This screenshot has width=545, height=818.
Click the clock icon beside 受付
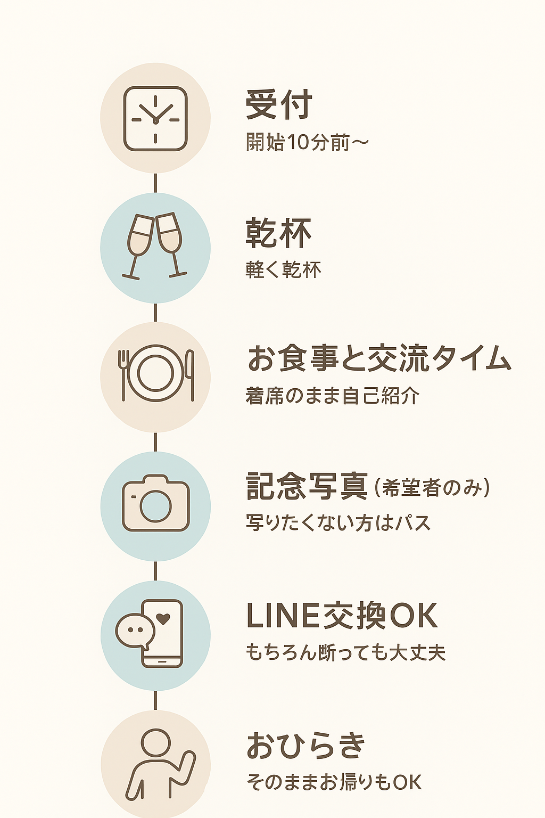pyautogui.click(x=155, y=119)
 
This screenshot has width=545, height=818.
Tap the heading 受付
pyautogui.click(x=279, y=105)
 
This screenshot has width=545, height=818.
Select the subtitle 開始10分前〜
pyautogui.click(x=307, y=142)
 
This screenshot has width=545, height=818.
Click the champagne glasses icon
pyautogui.click(x=155, y=246)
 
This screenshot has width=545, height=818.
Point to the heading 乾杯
pyautogui.click(x=278, y=233)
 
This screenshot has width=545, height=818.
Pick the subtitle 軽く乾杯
pyautogui.click(x=283, y=270)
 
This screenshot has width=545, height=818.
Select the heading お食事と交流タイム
pyautogui.click(x=379, y=358)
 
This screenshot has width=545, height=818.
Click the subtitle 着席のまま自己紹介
pyautogui.click(x=333, y=396)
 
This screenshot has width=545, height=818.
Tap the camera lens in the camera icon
pyautogui.click(x=155, y=505)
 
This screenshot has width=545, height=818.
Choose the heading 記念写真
pyautogui.click(x=307, y=487)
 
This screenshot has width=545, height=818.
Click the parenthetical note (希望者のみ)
pyautogui.click(x=432, y=488)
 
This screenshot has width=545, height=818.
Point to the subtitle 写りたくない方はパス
pyautogui.click(x=338, y=523)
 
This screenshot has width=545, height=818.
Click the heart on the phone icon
pyautogui.click(x=163, y=619)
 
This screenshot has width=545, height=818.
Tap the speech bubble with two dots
pyautogui.click(x=135, y=631)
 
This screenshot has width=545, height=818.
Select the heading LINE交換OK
pyautogui.click(x=342, y=616)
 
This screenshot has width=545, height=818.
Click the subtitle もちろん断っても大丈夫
pyautogui.click(x=345, y=653)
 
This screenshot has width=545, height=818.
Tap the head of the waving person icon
pyautogui.click(x=155, y=742)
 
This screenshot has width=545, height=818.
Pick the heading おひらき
pyautogui.click(x=306, y=746)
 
